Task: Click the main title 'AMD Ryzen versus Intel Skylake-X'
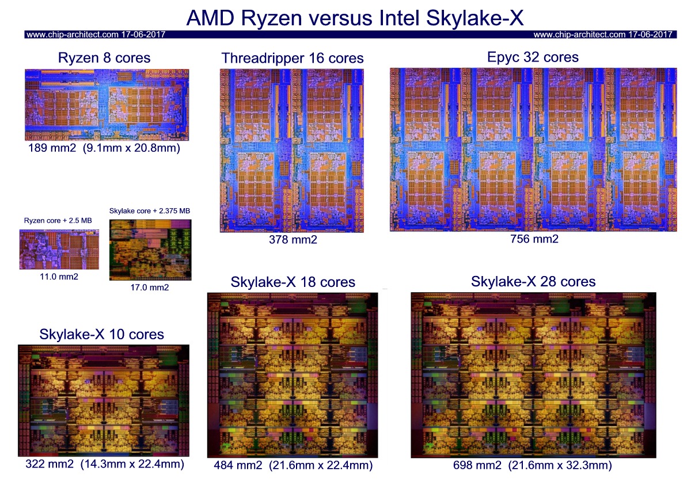[x=355, y=18]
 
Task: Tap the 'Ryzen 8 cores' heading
[x=104, y=58]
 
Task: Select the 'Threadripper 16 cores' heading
[x=293, y=58]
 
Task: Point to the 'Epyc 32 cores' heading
[x=533, y=57]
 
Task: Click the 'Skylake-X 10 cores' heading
[x=102, y=334]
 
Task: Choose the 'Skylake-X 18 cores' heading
[x=293, y=282]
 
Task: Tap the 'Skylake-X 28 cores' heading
[x=533, y=281]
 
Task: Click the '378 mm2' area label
[x=293, y=240]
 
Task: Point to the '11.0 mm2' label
[x=55, y=277]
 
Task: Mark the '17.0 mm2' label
[x=150, y=288]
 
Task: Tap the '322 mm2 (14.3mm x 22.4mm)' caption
[x=105, y=463]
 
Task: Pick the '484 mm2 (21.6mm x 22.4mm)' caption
[x=293, y=465]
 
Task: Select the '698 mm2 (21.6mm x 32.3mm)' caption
[x=533, y=465]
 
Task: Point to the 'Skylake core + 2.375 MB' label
[x=150, y=210]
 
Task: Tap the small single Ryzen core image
[x=55, y=250]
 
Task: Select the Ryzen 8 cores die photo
[x=107, y=105]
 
